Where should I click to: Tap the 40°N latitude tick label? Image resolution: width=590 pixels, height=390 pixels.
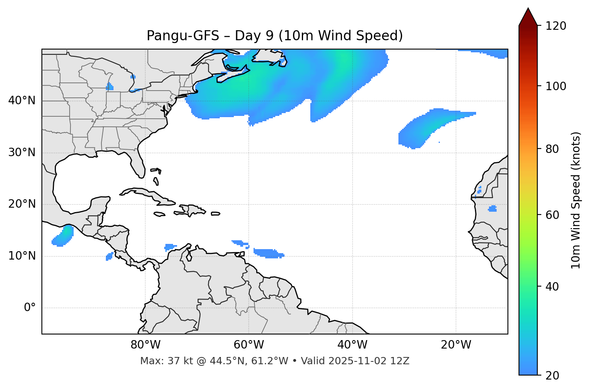tap(22, 101)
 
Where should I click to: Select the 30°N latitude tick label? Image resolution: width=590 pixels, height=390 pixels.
tap(22, 153)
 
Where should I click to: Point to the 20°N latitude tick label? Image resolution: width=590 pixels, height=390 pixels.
tap(22, 204)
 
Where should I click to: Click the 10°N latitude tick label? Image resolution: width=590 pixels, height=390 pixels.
tap(22, 256)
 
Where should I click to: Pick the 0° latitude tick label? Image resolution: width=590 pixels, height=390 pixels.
tap(29, 308)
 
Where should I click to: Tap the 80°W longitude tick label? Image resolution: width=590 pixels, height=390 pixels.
tap(145, 345)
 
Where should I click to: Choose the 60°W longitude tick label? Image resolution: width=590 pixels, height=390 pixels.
tap(249, 345)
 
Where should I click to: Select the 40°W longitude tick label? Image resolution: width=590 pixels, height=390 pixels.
tap(352, 345)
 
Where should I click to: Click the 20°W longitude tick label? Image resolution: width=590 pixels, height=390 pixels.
tap(456, 345)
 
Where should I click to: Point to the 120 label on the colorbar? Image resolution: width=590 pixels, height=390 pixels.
tap(556, 26)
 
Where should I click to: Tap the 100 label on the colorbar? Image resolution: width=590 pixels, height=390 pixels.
tap(556, 86)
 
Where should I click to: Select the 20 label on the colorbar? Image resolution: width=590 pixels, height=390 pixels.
tap(553, 376)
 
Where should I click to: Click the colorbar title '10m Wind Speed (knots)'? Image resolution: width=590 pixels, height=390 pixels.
tap(576, 200)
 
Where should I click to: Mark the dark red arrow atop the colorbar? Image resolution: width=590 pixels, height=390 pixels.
tap(528, 17)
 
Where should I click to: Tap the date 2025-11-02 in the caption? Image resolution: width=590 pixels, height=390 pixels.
tap(354, 361)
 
